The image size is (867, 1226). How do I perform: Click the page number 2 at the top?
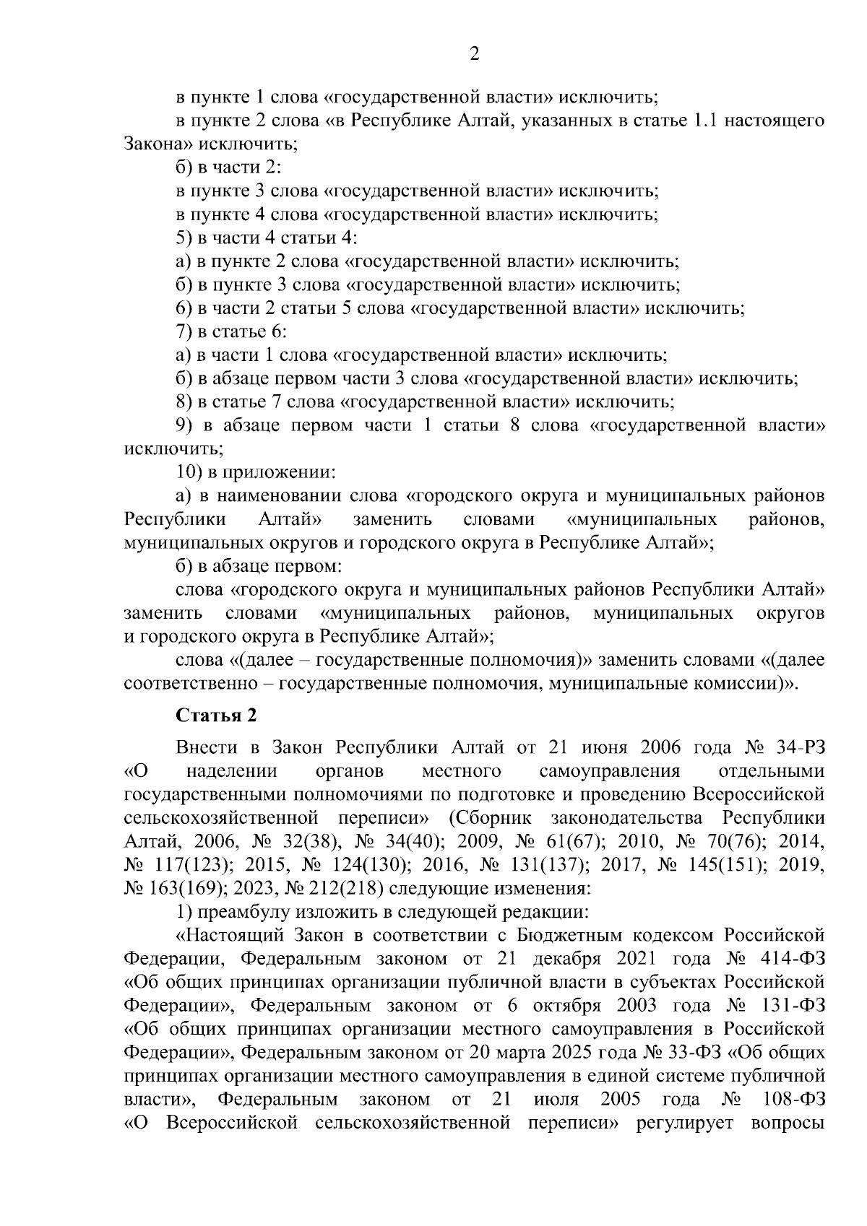click(475, 54)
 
